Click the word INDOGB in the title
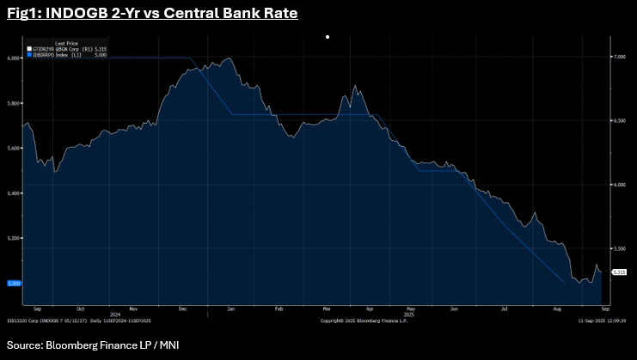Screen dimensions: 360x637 (x=77, y=15)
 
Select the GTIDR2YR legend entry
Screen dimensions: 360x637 (x=59, y=48)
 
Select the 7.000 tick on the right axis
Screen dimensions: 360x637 (x=620, y=57)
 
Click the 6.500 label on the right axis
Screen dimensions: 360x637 (x=620, y=121)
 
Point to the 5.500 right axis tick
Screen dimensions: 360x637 (x=620, y=248)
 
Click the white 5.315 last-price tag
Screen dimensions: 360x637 (x=620, y=272)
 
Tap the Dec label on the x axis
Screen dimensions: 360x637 (x=184, y=308)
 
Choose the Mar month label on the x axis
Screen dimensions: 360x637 (x=328, y=308)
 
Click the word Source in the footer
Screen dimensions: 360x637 (x=26, y=345)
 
